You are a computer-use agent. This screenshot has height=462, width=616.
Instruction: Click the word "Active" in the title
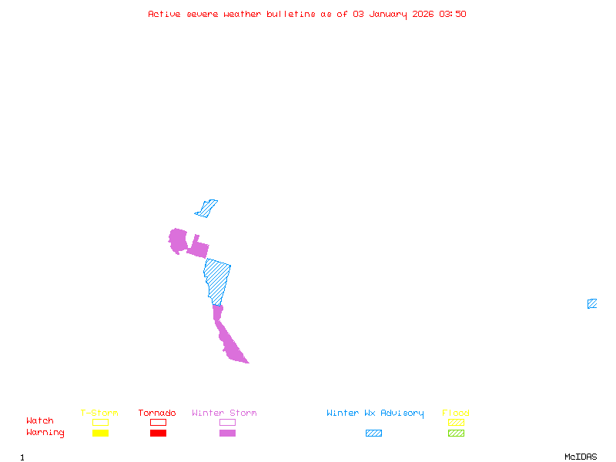point(165,14)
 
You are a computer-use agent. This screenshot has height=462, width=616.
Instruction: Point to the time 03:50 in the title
point(452,14)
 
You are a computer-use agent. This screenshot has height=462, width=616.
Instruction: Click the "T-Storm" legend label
point(99,413)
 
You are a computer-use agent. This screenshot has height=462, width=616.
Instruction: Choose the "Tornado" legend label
point(157,413)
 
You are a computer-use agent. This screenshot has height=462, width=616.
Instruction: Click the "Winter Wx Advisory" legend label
point(375,413)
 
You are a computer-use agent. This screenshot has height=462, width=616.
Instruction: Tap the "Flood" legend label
point(456,413)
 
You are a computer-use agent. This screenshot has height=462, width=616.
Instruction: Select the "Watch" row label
point(40,421)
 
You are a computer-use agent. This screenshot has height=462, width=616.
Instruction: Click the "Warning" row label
point(45,433)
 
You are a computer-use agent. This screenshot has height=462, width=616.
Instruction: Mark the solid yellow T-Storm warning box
point(100,434)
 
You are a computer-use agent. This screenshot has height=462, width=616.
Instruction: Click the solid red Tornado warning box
point(158,434)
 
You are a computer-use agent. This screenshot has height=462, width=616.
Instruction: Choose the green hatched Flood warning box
point(456,434)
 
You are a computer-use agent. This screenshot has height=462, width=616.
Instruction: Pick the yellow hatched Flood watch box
point(456,422)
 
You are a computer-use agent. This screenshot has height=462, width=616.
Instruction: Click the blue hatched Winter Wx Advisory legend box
point(373,434)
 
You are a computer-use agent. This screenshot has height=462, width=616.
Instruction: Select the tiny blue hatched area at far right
point(592,303)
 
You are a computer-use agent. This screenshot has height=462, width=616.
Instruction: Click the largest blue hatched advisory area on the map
point(217,280)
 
